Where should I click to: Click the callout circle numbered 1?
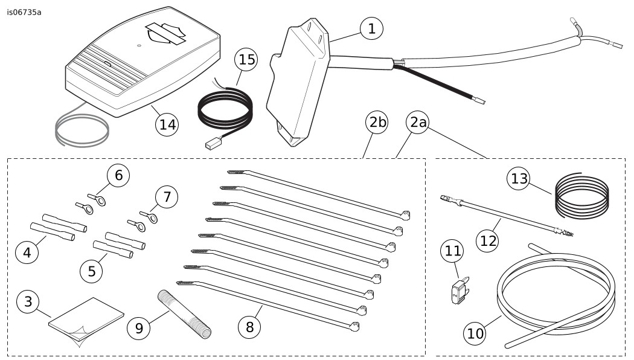point(371,28)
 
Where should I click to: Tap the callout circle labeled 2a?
point(418,123)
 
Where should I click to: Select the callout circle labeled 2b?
point(377,123)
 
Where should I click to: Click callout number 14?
point(167,124)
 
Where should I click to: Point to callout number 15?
point(246,59)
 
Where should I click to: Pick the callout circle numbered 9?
point(139,327)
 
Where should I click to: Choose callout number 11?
point(452,252)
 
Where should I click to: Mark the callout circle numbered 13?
point(520,178)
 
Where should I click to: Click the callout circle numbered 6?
point(118,176)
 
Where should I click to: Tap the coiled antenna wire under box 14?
point(82,129)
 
